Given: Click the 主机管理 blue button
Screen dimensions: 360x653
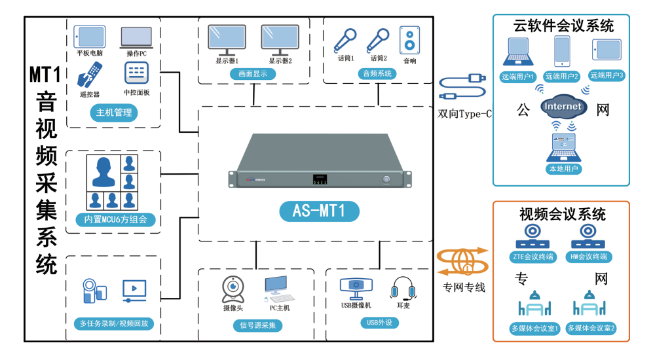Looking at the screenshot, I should (114, 113).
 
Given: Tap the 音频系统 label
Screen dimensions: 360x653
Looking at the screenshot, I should (378, 74).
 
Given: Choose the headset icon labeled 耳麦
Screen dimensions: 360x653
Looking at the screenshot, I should (403, 289).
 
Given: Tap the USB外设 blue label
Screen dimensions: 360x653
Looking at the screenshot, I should (379, 323).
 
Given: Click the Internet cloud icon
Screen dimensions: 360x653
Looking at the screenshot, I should (563, 107).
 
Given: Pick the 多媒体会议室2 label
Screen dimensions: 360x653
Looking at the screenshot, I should (591, 328).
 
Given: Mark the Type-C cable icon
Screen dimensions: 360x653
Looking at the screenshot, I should (463, 87).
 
